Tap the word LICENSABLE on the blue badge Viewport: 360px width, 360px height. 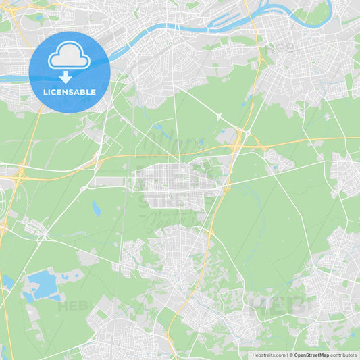pyautogui.click(x=69, y=92)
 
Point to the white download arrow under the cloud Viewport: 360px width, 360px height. pyautogui.click(x=66, y=76)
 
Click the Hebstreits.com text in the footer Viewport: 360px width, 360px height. pyautogui.click(x=265, y=355)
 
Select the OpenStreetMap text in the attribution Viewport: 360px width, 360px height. pyautogui.click(x=311, y=355)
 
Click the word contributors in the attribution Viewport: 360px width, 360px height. pyautogui.click(x=343, y=355)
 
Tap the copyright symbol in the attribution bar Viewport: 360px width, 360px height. pyautogui.click(x=290, y=355)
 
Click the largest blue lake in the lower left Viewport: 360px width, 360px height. pyautogui.click(x=42, y=281)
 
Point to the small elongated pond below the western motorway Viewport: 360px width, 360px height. pyautogui.click(x=97, y=209)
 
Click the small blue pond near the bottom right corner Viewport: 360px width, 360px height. pyautogui.click(x=352, y=334)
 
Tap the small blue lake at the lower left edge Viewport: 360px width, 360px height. pyautogui.click(x=6, y=280)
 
